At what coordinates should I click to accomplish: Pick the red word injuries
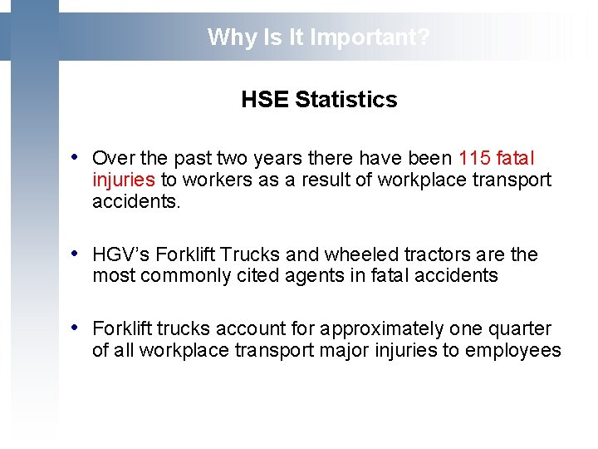click(124, 180)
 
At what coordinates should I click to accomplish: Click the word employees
click(512, 351)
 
